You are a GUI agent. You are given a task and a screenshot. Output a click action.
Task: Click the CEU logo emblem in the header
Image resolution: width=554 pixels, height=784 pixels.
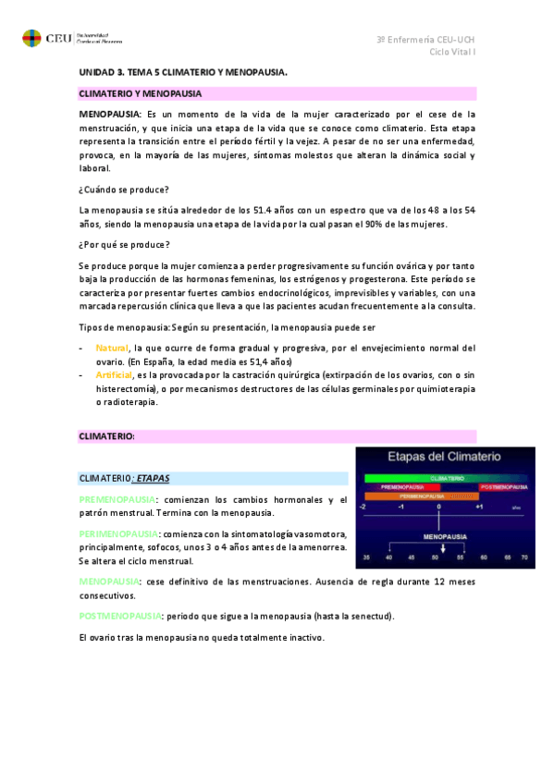point(31,39)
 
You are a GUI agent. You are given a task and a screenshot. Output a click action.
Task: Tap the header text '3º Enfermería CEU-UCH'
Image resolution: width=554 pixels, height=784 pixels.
point(426,39)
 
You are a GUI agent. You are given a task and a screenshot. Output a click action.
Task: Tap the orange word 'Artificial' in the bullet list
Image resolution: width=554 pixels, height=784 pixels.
point(114,375)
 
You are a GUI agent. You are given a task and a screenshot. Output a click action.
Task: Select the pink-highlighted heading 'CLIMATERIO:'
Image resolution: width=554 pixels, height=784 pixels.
point(107,435)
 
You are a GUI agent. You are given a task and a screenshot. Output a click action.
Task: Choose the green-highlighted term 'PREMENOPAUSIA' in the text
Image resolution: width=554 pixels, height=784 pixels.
point(117,500)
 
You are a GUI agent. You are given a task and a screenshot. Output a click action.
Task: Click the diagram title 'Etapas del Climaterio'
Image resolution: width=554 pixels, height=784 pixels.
point(444,458)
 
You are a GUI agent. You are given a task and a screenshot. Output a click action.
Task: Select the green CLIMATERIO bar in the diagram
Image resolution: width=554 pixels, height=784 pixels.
point(447,477)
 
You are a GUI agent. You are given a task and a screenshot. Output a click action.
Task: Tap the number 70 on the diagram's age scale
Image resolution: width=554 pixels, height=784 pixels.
point(524,557)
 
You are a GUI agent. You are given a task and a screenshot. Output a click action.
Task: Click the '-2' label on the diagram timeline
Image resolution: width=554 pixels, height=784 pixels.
point(364,507)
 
